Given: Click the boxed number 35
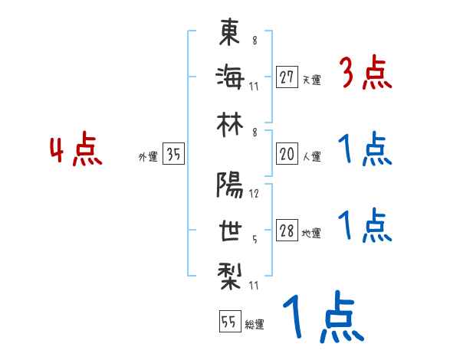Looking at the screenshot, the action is (x=173, y=155).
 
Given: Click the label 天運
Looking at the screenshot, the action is (x=311, y=79).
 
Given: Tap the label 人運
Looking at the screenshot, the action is (x=311, y=157).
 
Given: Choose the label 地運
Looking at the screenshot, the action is (x=311, y=234).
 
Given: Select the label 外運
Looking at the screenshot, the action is (x=148, y=157).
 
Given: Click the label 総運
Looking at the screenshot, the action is (x=254, y=325).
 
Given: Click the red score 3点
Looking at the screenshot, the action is (x=365, y=74).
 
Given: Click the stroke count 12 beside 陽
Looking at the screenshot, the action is (x=255, y=194).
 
